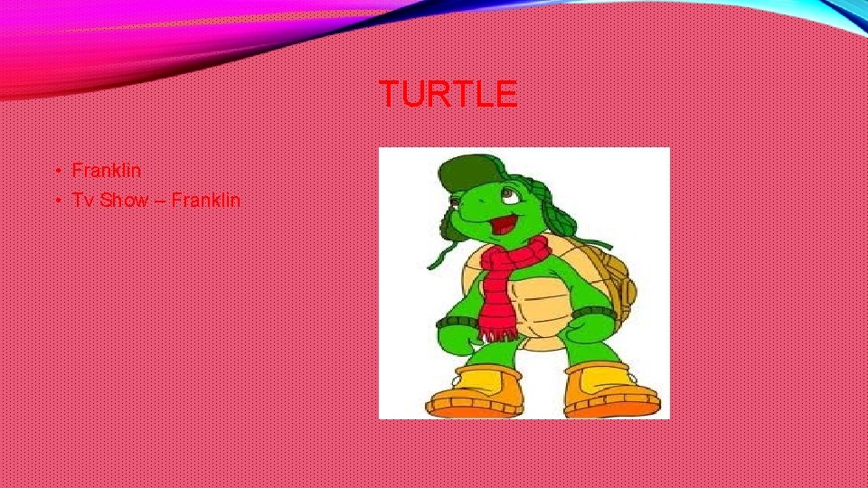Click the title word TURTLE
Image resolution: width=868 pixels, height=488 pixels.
point(448,94)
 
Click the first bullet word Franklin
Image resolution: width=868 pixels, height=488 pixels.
point(106,170)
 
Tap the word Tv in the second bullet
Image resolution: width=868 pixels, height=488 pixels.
point(83,200)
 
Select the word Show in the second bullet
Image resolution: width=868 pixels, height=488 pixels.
point(123,200)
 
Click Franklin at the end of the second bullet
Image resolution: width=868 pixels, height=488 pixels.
point(205,200)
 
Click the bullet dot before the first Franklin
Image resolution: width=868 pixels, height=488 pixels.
point(56,171)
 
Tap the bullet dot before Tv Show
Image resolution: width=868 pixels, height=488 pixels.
point(56,201)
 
